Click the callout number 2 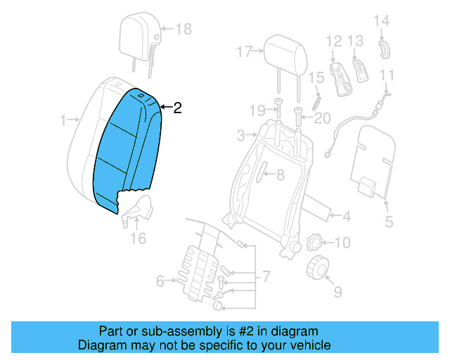[177, 108]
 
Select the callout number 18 [183, 29]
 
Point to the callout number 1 [64, 120]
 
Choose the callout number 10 [341, 243]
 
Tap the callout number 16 [139, 238]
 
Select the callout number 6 [160, 281]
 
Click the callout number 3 [240, 134]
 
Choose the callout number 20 [321, 118]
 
